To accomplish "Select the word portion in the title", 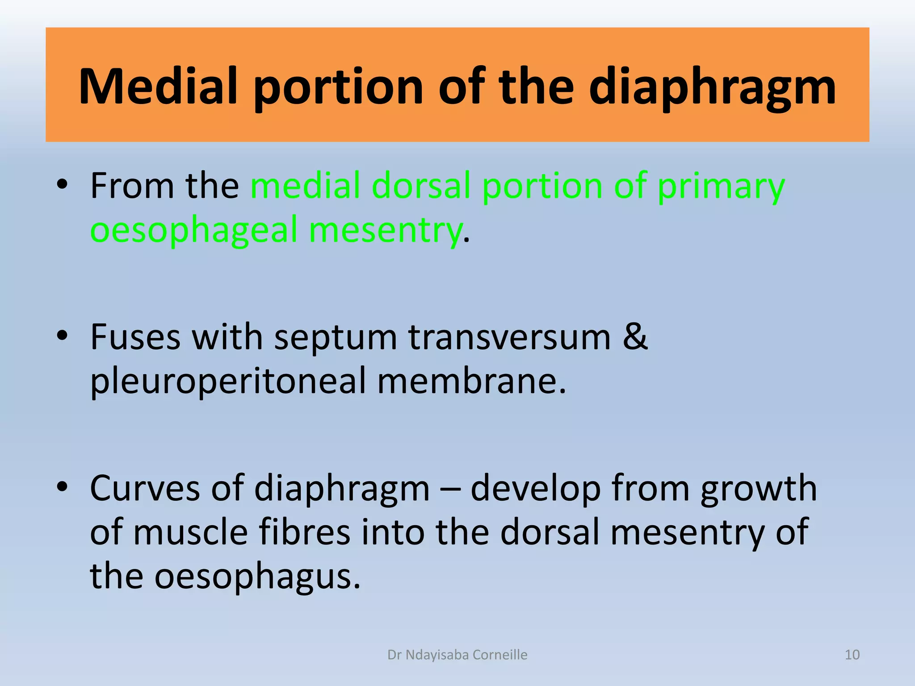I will (338, 87).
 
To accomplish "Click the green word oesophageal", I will (194, 230).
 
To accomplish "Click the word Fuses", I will (135, 337).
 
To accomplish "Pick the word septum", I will (335, 338).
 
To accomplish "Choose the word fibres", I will (304, 532).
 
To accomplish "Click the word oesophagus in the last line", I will (257, 577).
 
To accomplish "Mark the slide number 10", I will (852, 655).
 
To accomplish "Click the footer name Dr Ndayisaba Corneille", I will (457, 655).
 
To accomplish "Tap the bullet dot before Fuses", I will (62, 336).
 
